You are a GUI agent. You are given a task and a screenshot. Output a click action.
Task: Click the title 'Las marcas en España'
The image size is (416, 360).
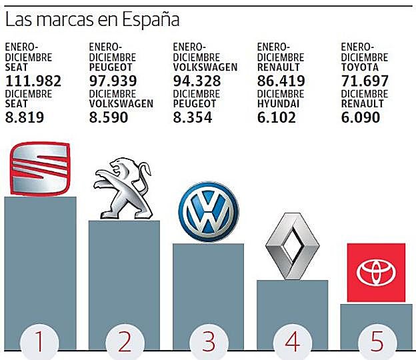[x=92, y=20]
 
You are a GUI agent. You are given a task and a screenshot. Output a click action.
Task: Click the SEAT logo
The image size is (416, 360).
[x=40, y=167]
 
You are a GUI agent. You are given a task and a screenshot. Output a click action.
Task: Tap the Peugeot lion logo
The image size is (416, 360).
[x=124, y=189]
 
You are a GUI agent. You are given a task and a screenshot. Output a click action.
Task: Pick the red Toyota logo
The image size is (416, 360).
[x=376, y=272]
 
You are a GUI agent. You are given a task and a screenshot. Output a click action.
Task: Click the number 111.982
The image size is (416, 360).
[x=33, y=81]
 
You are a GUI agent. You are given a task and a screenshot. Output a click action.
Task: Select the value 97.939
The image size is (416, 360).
[x=113, y=81]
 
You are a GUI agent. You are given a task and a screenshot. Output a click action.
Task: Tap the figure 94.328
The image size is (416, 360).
[x=197, y=81]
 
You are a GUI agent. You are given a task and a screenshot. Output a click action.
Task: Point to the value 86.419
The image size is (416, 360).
[x=281, y=81]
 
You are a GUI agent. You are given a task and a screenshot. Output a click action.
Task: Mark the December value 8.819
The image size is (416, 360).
[x=25, y=118]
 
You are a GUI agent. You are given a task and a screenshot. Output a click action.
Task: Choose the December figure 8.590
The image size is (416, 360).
[x=109, y=118]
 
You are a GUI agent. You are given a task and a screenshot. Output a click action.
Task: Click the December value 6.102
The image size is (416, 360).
[x=277, y=118]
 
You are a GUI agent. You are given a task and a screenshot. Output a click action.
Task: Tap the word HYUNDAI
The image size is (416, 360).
[x=278, y=104]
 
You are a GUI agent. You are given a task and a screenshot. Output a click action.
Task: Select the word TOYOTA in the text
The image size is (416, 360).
[x=360, y=67]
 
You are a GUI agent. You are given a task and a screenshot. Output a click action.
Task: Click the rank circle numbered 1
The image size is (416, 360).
[x=40, y=342]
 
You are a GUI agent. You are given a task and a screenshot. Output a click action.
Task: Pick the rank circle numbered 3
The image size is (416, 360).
[x=209, y=342]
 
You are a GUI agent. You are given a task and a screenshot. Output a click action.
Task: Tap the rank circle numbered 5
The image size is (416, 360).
[x=376, y=342]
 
